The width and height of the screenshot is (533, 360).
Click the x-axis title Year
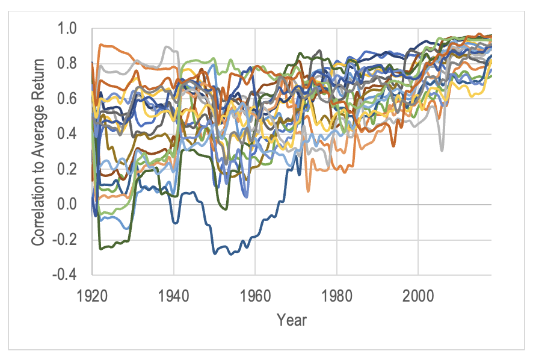pyautogui.click(x=292, y=320)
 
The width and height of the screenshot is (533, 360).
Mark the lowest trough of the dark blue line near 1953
pyautogui.click(x=230, y=254)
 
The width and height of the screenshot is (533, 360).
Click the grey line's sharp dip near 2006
pyautogui.click(x=442, y=150)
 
